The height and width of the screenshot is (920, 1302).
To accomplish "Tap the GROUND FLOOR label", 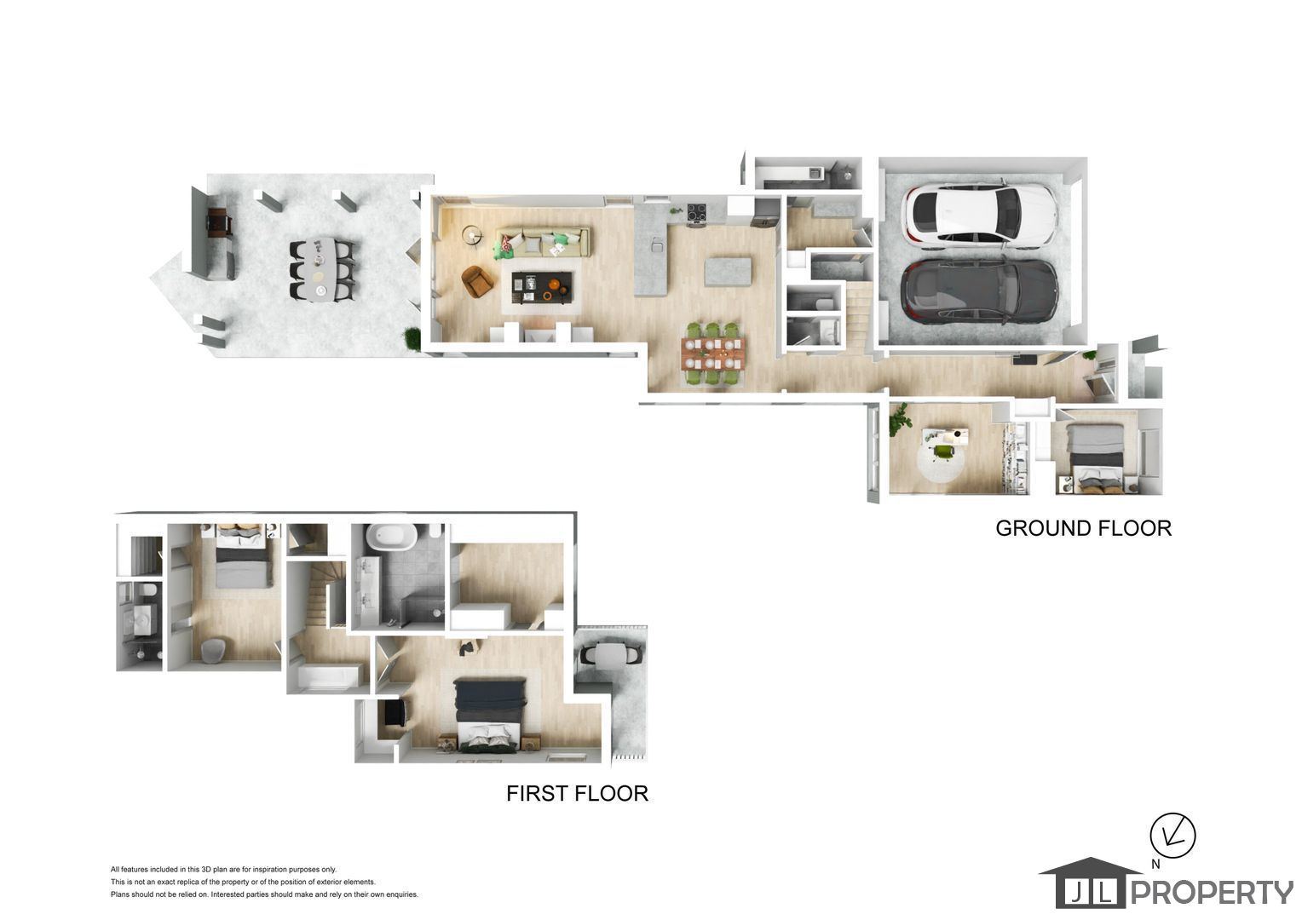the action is [1084, 528].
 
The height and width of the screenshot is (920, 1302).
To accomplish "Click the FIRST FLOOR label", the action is [577, 793].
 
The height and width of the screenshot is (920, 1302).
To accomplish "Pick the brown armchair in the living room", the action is [477, 281].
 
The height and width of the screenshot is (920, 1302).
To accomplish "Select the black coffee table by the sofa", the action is [542, 287].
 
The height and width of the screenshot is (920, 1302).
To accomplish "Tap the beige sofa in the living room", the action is [542, 242].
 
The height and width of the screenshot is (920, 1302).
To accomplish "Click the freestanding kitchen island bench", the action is [727, 272].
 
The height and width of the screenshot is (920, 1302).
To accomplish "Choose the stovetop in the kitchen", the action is [696, 213].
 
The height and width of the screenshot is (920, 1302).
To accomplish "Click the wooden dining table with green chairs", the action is [713, 353].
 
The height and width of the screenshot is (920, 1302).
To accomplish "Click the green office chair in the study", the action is [943, 451].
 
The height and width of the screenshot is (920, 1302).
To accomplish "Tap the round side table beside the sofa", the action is [472, 235].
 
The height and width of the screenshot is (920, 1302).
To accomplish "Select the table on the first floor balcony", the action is [608, 654].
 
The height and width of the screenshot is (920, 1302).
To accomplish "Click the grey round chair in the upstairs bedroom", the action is [213, 650].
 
